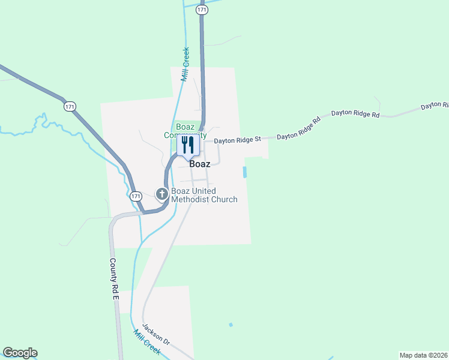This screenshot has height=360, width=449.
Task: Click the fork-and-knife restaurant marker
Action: [188, 146]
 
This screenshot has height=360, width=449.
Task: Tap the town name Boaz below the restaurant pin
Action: [199, 164]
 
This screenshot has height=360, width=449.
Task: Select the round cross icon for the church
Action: [161, 194]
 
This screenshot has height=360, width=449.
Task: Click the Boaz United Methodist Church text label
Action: [204, 196]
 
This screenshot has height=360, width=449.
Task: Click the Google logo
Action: [20, 353]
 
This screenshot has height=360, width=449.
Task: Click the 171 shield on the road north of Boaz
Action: [202, 10]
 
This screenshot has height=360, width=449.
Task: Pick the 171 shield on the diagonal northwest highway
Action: [70, 106]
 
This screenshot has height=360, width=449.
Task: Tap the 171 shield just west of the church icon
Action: [136, 196]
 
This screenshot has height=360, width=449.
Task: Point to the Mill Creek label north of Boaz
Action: [185, 64]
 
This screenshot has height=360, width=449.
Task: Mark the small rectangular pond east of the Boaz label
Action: [244, 172]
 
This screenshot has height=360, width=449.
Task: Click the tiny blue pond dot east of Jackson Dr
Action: [231, 325]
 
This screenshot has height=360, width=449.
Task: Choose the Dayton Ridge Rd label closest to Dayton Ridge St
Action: [299, 128]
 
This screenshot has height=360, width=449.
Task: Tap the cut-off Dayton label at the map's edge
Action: [435, 106]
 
